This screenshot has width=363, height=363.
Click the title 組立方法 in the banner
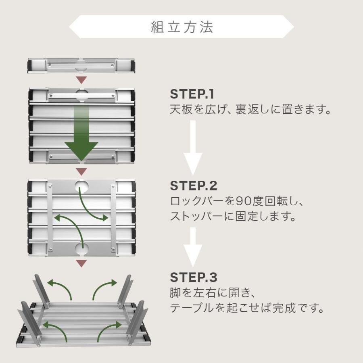(x=181, y=27)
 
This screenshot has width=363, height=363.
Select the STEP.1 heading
(x=192, y=94)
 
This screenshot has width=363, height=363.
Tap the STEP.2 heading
(x=194, y=186)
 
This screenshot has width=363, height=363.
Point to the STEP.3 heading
(x=194, y=277)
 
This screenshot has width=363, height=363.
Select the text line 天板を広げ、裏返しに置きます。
(x=250, y=110)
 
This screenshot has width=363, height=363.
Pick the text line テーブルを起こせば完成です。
(x=247, y=308)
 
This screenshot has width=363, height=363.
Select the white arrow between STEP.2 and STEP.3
(x=193, y=246)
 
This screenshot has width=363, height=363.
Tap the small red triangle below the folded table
(x=82, y=79)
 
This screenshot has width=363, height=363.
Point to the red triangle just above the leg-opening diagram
(x=82, y=263)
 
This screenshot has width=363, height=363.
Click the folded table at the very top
(x=82, y=65)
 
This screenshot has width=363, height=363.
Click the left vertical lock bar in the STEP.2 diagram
(x=50, y=218)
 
